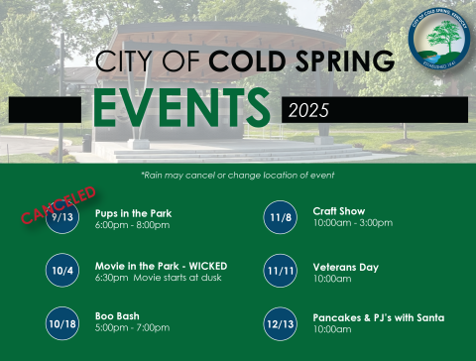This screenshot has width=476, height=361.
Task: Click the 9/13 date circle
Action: point(62,217)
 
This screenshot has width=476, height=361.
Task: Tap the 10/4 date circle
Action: point(62,270)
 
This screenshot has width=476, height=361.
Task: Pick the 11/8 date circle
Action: point(281,216)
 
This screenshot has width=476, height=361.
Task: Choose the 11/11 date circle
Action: point(281,270)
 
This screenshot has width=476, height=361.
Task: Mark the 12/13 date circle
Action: point(281,323)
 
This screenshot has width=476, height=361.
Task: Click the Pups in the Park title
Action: point(133,212)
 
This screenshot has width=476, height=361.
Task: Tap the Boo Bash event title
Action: point(117,316)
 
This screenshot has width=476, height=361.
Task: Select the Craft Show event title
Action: point(338,211)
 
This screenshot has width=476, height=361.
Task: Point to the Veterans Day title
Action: point(345,267)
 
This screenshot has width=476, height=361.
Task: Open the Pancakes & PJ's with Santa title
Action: point(378,317)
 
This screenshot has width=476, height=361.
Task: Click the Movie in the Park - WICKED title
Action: point(161,266)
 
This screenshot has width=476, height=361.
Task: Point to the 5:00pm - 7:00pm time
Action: point(132,328)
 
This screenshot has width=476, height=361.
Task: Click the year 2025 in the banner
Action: point(307,110)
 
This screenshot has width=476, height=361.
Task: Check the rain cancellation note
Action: point(238,175)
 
